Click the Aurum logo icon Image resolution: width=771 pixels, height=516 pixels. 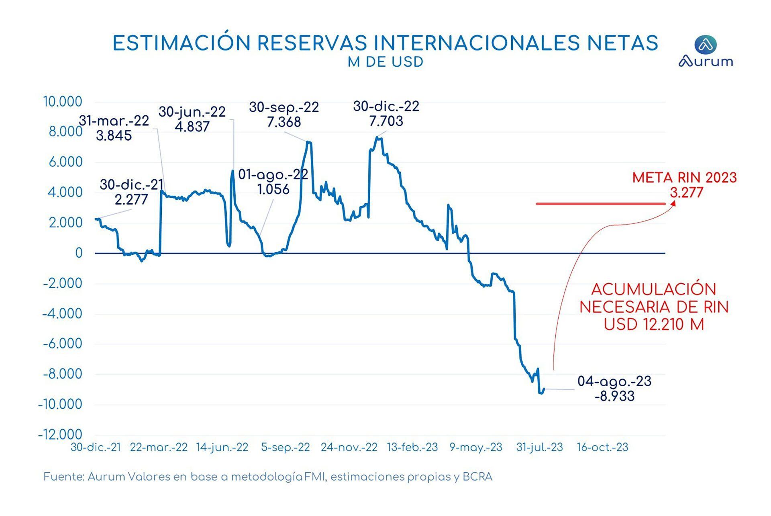[x=705, y=44]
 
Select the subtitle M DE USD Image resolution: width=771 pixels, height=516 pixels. [x=385, y=62]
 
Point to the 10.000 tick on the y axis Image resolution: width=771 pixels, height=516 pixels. [x=63, y=102]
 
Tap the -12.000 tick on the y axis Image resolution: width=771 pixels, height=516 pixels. [x=60, y=434]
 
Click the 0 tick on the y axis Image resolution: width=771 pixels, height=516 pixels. [x=79, y=253]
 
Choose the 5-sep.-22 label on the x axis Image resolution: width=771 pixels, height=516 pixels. [x=286, y=447]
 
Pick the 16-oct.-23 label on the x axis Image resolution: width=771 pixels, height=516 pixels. [x=602, y=447]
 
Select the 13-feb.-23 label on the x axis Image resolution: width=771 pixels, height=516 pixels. [x=412, y=447]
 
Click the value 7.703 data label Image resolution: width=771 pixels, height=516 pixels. [x=386, y=121]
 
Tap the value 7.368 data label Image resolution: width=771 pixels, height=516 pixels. [x=284, y=122]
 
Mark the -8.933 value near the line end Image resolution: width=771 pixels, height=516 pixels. [x=614, y=396]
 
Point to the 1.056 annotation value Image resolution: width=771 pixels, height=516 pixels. [x=273, y=189]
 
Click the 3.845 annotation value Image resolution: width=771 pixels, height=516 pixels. [x=114, y=135]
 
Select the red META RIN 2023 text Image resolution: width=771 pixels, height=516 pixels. [x=684, y=178]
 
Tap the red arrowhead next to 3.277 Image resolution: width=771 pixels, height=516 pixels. [x=673, y=203]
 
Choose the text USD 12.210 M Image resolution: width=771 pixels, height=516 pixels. [x=654, y=324]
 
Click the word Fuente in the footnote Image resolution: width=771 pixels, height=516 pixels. [x=63, y=477]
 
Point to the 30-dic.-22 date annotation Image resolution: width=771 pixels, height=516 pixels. [x=386, y=106]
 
